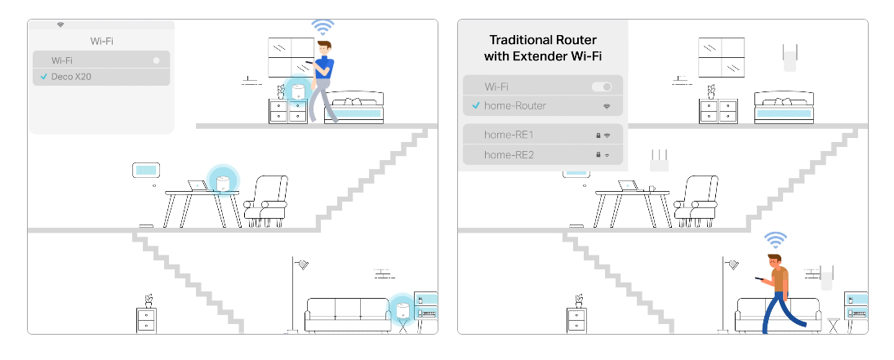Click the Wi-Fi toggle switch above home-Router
[x=602, y=87]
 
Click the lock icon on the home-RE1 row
[x=598, y=135]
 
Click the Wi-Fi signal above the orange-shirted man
[x=776, y=239]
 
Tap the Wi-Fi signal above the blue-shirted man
[x=323, y=26]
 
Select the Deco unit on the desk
[x=222, y=184]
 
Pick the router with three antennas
[x=658, y=160]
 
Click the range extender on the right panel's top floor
[x=789, y=58]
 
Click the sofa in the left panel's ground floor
[x=347, y=313]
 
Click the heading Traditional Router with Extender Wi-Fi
[x=542, y=47]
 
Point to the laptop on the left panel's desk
[x=197, y=185]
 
